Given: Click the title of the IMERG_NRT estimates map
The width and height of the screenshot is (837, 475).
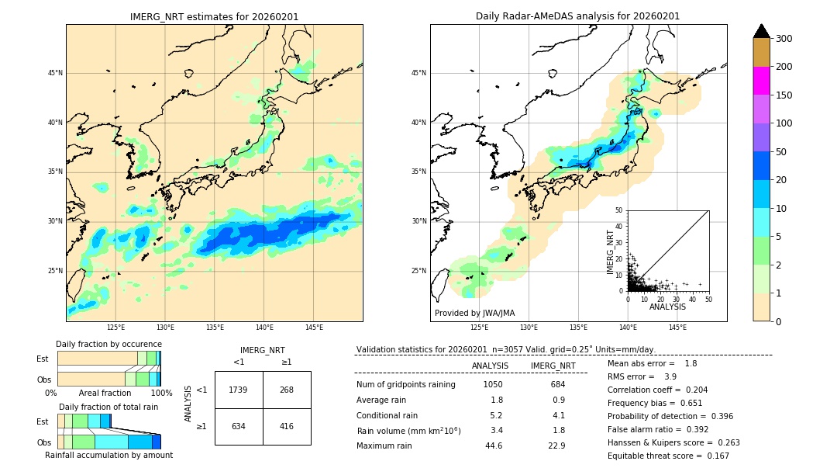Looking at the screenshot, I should coord(214,16).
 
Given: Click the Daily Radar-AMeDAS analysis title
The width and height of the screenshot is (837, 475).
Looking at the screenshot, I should coord(577,16).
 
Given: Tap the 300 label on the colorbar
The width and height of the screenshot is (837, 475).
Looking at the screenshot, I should coord(784,39).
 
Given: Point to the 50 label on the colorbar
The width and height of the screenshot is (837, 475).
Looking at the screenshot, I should coord(781,152).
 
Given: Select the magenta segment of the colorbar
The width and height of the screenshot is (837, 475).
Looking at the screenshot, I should coord(762,81).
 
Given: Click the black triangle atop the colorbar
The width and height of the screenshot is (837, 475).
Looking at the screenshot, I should coord(762,31).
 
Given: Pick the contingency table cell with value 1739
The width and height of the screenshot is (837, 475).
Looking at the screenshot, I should coord(239,390).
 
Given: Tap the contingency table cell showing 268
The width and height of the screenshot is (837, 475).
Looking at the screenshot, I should coord(287,390).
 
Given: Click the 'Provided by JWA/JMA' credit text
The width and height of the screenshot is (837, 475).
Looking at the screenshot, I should coord(474,314).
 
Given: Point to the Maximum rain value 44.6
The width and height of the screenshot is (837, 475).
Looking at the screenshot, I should coord(494,446).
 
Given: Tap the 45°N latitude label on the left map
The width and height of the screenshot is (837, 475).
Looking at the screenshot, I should coord(55,73).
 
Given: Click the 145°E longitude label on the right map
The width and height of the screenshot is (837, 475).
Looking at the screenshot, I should coord(677,328).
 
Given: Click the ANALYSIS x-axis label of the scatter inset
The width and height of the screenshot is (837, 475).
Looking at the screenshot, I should coord(667,307).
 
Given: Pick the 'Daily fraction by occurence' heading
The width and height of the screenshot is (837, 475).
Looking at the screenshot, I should coord(108,344).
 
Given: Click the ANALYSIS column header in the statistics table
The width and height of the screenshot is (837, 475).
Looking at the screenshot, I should coord(490,366).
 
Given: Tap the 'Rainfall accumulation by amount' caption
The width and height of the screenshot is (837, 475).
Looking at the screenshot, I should coord(108,455).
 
